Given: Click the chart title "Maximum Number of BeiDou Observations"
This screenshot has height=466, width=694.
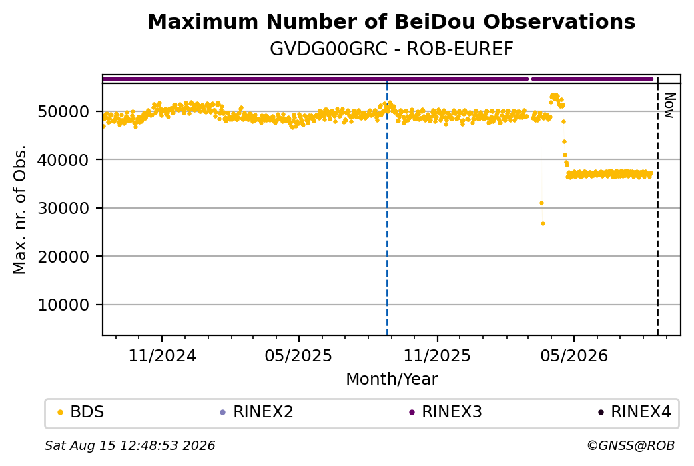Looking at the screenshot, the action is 391,21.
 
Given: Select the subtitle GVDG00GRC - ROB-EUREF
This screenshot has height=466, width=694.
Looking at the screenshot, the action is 391,49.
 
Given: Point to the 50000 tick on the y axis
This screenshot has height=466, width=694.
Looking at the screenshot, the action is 64,111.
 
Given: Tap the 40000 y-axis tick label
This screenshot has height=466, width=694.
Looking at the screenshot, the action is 64,159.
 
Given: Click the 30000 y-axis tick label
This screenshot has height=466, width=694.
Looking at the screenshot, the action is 64,208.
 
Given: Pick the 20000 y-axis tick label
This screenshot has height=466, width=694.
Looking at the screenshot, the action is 64,257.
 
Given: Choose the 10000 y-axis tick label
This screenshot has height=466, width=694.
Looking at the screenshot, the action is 64,305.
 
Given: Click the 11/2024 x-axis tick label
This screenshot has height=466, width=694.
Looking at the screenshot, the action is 162,355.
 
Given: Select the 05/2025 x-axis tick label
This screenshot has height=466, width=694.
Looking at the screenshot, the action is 298,355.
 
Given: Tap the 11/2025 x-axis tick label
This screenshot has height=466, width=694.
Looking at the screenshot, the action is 437,355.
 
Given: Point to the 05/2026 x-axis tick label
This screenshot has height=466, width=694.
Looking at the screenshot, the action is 574,355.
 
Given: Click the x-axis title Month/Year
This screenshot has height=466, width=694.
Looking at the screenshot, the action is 392,379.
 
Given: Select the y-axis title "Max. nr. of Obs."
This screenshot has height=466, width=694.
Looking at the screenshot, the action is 20,209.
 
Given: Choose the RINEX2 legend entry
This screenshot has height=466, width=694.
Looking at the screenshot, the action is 257,412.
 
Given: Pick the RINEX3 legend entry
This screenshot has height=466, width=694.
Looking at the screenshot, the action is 446,412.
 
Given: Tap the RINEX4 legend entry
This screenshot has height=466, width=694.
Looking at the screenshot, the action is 635,412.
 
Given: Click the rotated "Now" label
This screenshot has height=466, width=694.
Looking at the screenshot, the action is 670,105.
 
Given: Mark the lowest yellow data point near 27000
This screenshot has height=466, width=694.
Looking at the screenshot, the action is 543,224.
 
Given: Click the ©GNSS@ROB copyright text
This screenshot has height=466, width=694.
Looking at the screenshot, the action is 631,445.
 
